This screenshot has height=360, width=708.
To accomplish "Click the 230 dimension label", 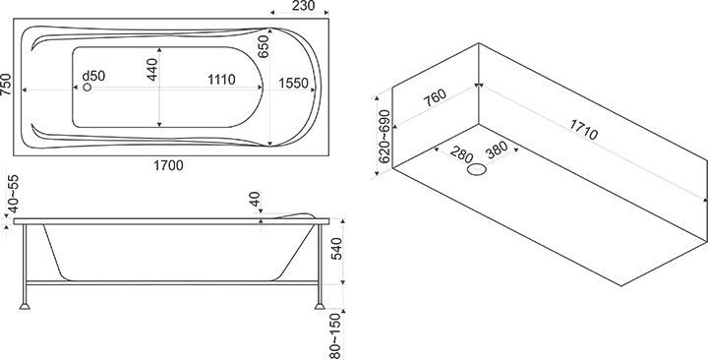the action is [304, 6].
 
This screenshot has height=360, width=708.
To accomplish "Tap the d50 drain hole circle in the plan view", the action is [88, 88].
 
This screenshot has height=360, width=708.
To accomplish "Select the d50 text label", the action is [93, 76].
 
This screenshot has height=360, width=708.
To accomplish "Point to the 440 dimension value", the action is [152, 70].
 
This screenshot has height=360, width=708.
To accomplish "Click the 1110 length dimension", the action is [221, 80].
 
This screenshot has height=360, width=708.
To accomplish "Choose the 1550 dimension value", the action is [293, 83].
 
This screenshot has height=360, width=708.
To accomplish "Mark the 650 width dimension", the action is [264, 46].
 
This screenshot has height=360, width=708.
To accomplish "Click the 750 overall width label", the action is [6, 85].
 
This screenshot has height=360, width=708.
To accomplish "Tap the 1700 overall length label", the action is [168, 166].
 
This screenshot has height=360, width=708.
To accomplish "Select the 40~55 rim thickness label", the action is [14, 194].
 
